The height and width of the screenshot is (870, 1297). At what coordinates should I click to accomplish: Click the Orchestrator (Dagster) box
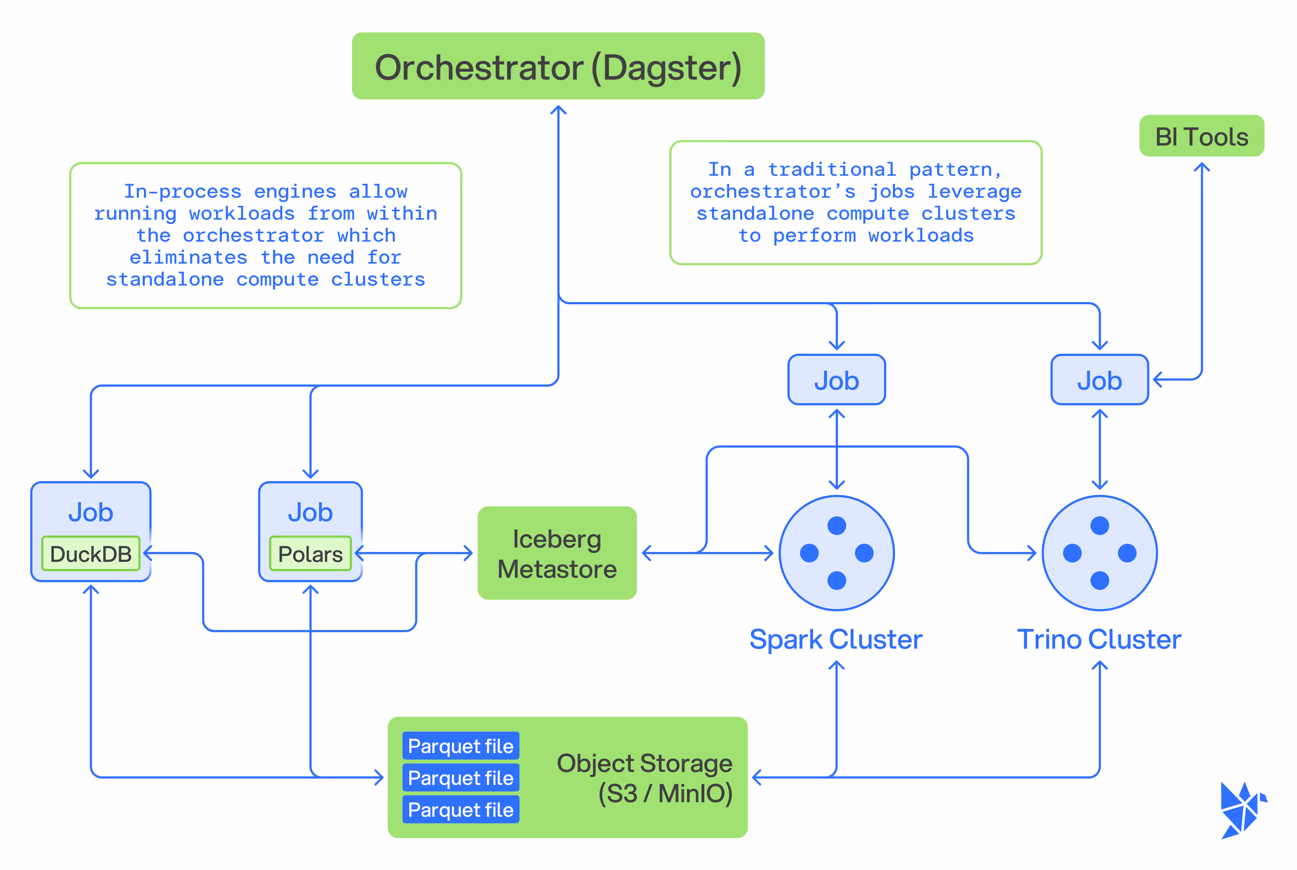558,66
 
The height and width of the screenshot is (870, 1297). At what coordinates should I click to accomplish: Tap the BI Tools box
1201,136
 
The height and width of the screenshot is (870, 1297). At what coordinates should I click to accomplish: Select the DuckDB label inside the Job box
90,554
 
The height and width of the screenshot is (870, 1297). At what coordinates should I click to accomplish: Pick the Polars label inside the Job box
310,554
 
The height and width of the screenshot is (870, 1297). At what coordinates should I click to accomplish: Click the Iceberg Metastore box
557,553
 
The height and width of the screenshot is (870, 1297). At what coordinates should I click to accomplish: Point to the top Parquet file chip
461,746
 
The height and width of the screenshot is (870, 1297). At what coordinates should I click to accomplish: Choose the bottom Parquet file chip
461,810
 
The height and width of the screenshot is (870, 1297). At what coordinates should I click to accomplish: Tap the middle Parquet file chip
461,778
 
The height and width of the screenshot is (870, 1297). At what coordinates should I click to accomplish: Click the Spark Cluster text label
836,640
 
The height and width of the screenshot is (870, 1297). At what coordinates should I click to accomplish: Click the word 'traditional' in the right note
832,169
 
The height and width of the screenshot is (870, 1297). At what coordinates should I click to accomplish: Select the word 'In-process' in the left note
183,192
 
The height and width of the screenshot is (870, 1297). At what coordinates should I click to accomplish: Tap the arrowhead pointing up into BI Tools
1201,167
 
